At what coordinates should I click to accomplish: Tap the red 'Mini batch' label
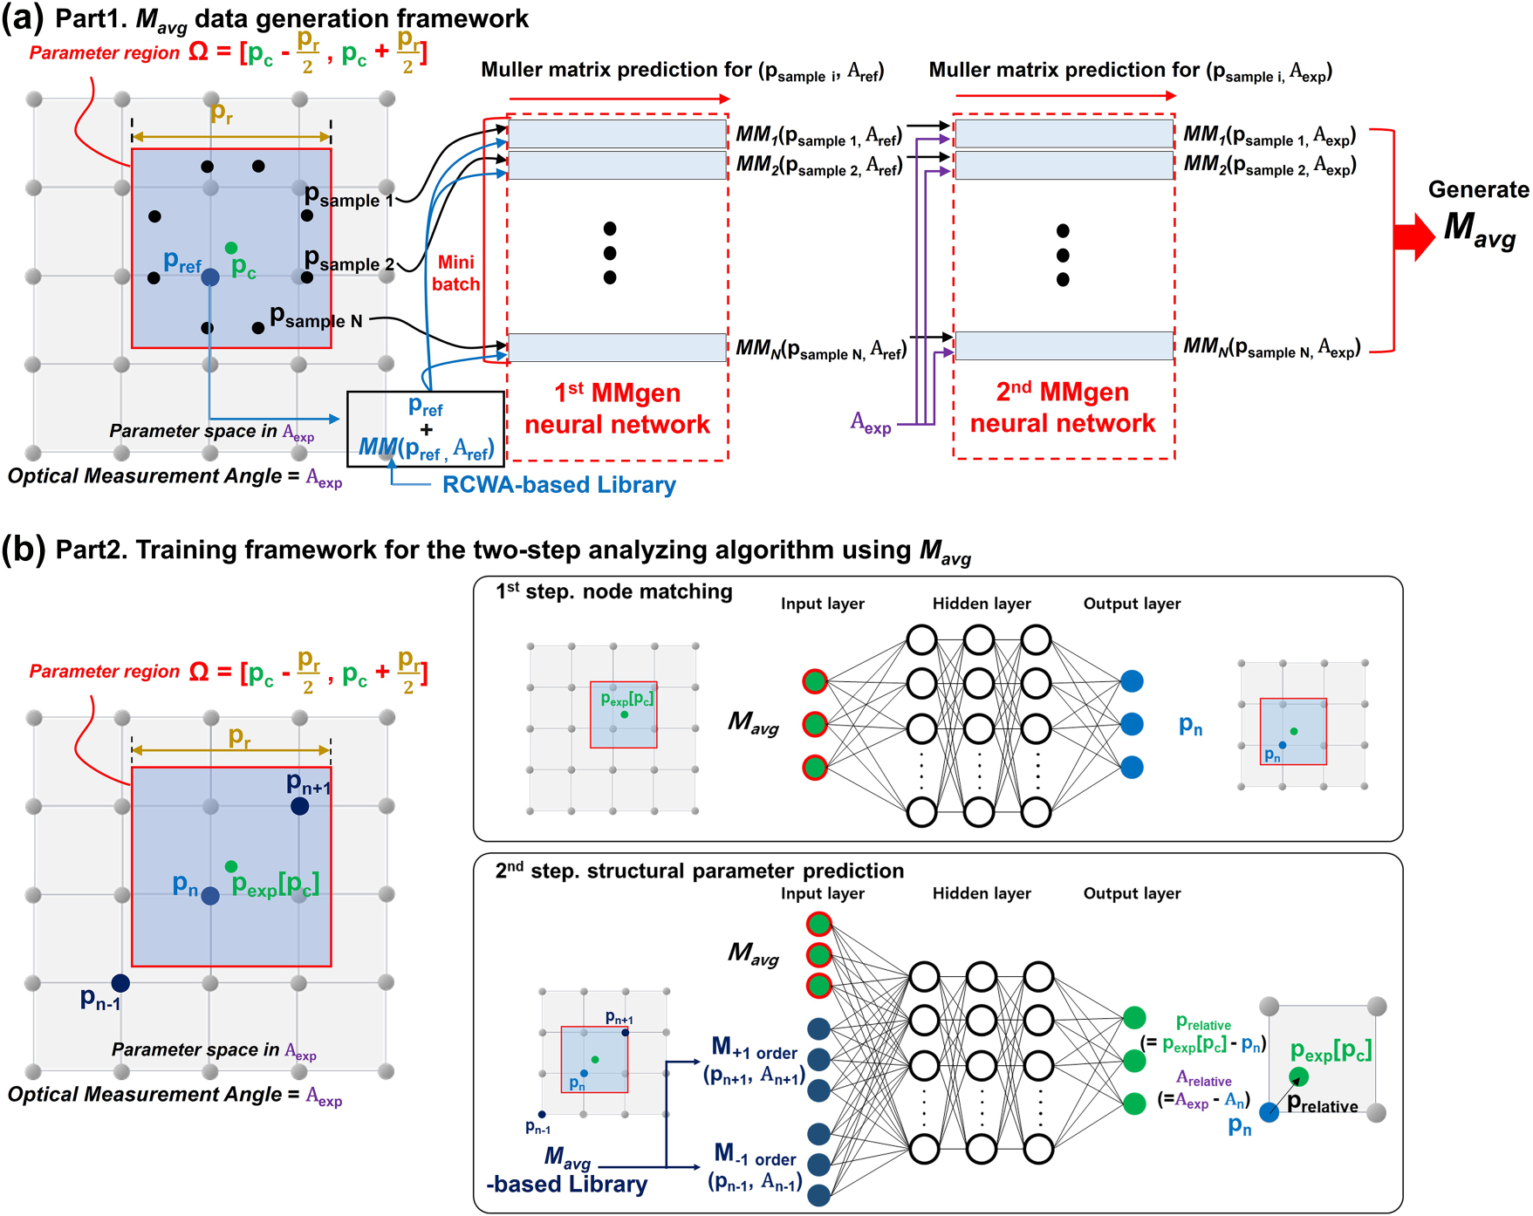[455, 273]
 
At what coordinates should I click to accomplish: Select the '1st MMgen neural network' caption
[617, 408]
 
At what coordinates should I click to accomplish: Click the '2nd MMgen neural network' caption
[1063, 407]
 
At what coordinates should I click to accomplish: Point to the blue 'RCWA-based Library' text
[558, 484]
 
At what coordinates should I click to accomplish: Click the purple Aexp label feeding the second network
[871, 424]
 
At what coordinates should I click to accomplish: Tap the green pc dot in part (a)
[230, 249]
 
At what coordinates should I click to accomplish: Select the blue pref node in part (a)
[210, 277]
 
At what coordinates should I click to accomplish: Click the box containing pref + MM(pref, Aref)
[426, 428]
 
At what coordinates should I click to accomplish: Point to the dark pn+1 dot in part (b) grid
[299, 806]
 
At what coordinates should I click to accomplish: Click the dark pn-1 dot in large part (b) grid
[120, 983]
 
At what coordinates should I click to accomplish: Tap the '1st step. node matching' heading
[614, 591]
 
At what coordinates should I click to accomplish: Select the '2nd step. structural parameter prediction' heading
[700, 871]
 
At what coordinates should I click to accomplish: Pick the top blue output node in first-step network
[1132, 681]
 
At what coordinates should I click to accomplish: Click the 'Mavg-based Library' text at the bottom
[567, 1172]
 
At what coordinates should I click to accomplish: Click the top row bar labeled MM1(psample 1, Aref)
[617, 134]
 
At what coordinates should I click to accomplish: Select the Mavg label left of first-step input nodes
[753, 722]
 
